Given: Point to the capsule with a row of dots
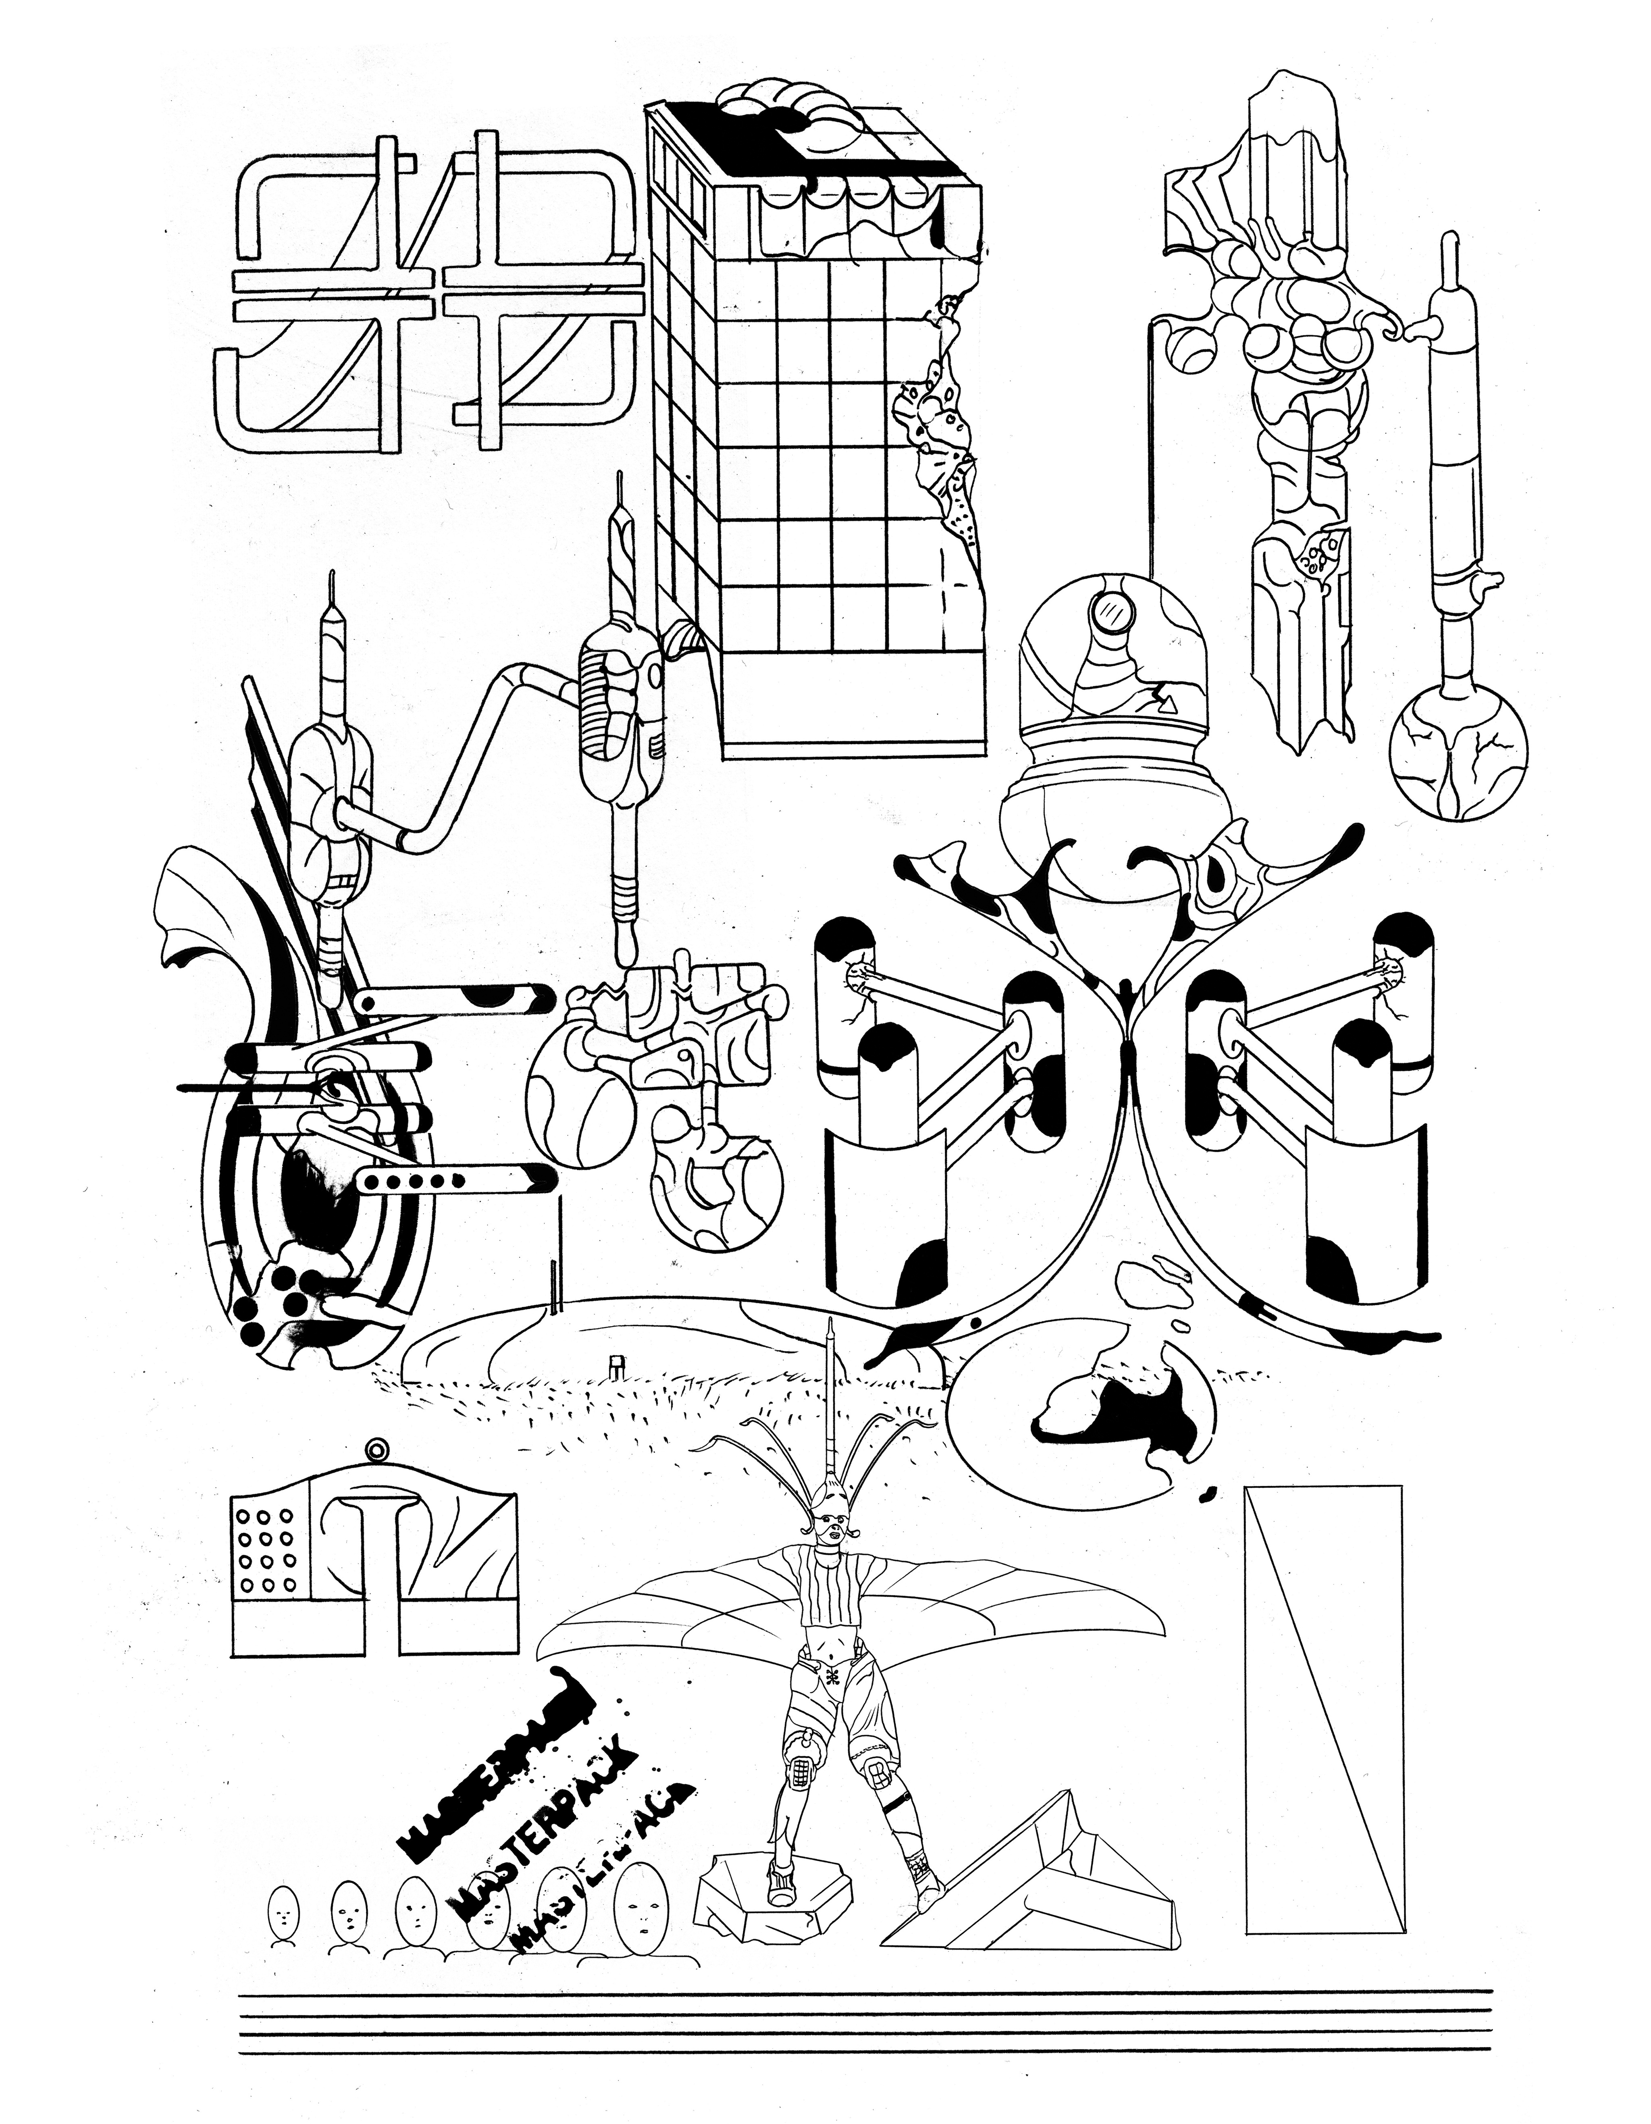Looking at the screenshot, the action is [408, 1182].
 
